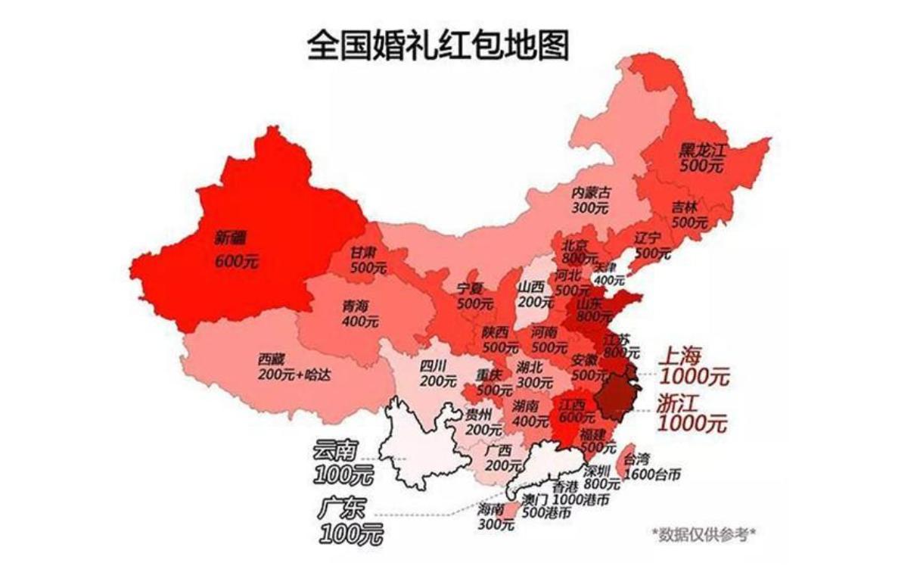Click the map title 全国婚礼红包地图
tap(438, 46)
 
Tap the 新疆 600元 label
tap(235, 250)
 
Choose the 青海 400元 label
tap(360, 313)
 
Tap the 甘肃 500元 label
tap(368, 260)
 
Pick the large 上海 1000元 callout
tap(693, 365)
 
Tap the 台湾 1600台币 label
tap(648, 467)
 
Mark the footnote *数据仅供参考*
tap(704, 534)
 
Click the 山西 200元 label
tap(533, 294)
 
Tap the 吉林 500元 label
tap(689, 215)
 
